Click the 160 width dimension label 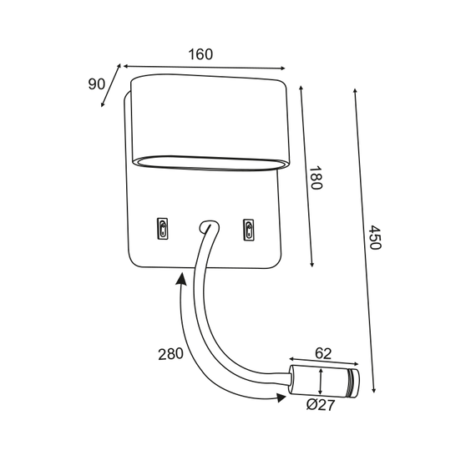(x=200, y=54)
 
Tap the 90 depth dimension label (x=97, y=84)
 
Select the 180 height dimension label (x=316, y=178)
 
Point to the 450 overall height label (x=375, y=237)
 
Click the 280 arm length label (x=170, y=354)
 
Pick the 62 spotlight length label (x=323, y=353)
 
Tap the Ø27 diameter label (x=321, y=405)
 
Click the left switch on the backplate (x=162, y=229)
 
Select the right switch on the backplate (x=249, y=230)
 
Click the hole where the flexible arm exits (x=208, y=226)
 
